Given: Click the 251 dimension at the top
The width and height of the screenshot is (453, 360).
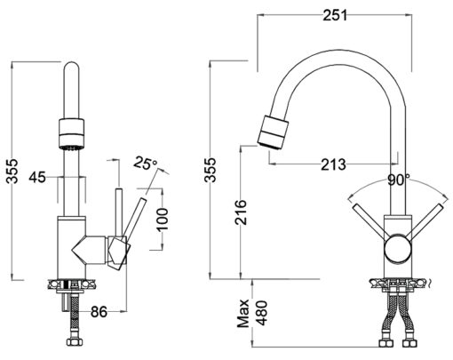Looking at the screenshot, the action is (x=335, y=15).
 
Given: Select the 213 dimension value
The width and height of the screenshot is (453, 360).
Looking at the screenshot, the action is (x=333, y=164).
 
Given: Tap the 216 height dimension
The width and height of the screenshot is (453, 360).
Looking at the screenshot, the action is (x=241, y=212).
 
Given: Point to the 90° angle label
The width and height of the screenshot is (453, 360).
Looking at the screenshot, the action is (x=399, y=180).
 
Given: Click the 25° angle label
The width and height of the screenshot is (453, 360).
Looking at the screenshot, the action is (x=146, y=163).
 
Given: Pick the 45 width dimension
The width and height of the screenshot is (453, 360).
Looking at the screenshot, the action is (x=37, y=178).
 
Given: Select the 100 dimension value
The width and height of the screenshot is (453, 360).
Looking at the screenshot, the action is (x=163, y=220).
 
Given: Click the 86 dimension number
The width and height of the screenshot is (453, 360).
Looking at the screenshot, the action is (x=99, y=311).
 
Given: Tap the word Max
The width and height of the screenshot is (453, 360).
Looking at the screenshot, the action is (x=243, y=313).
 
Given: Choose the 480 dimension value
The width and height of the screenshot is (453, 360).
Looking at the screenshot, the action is (x=261, y=313).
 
